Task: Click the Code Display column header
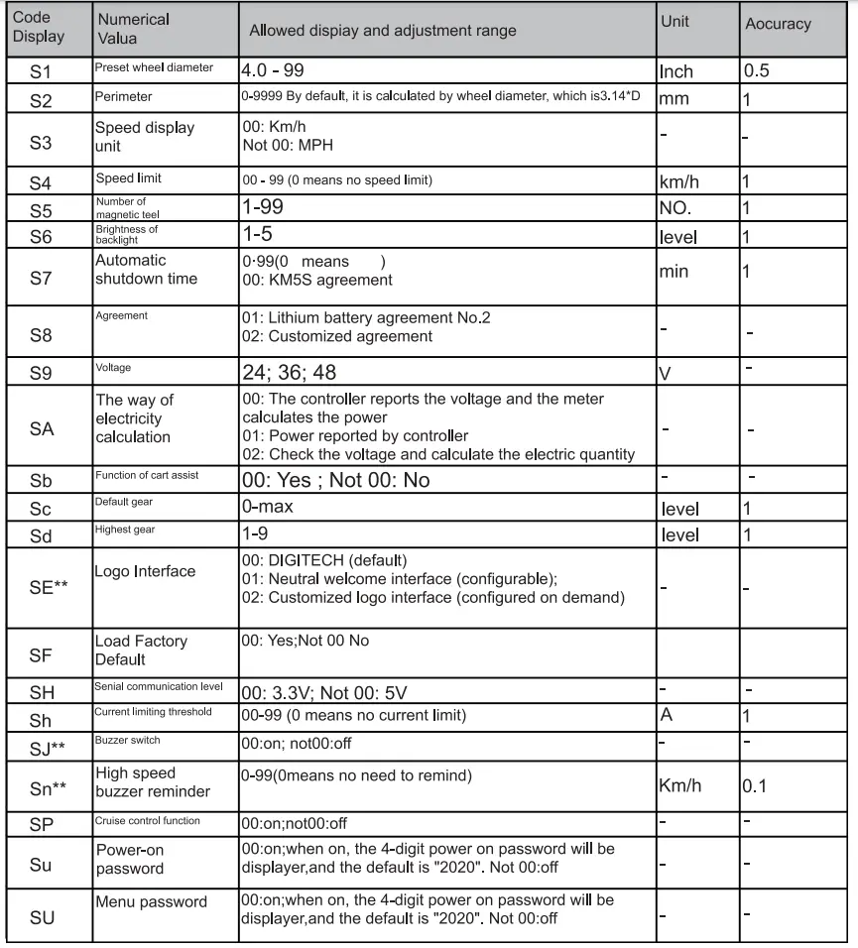[40, 28]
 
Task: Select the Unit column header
[674, 21]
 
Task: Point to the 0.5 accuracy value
[757, 71]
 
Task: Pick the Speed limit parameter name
[128, 178]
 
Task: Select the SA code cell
[42, 427]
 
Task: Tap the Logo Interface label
[145, 572]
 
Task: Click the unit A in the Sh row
[667, 714]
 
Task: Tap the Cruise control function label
[147, 821]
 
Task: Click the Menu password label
[151, 901]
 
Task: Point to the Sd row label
[41, 535]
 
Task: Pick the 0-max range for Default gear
[268, 508]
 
